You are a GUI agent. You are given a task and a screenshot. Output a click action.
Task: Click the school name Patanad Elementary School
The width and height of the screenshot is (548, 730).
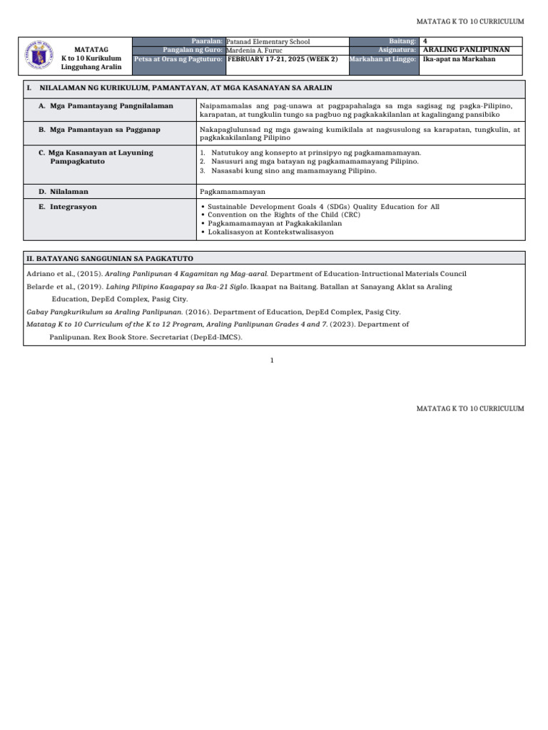268,42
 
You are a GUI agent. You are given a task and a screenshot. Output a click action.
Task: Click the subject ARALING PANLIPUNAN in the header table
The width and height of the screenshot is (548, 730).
466,51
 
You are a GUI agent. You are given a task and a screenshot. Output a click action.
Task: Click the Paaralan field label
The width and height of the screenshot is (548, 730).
208,42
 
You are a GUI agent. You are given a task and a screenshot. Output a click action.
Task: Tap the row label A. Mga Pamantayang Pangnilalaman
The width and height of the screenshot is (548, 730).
106,106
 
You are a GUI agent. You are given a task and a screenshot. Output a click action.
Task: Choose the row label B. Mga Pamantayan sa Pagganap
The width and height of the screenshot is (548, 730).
101,130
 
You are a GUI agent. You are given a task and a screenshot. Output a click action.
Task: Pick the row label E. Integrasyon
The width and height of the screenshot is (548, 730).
68,207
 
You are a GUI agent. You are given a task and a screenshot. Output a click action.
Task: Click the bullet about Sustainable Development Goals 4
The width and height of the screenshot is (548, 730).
323,207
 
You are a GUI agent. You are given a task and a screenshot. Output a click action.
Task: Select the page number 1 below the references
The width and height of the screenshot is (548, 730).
272,361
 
